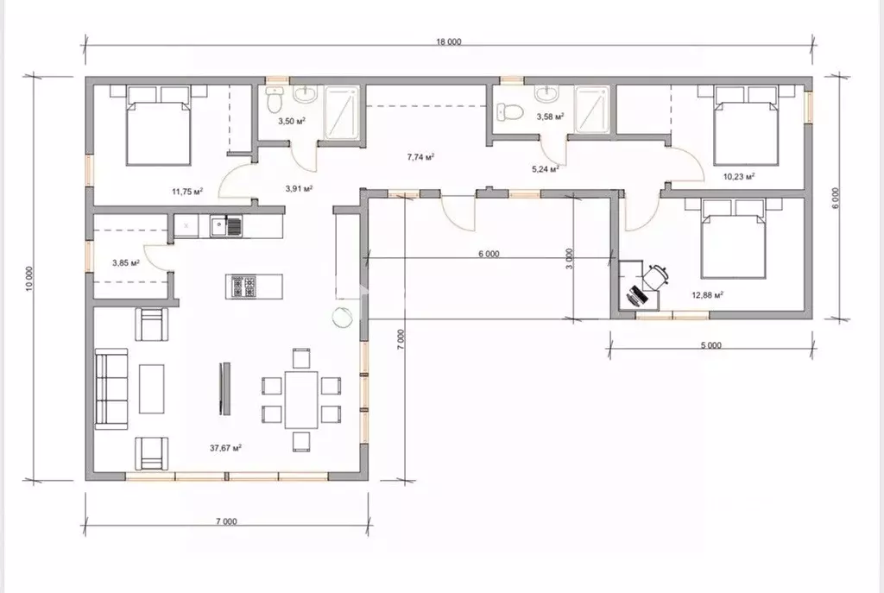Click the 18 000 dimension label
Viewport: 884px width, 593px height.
(x=449, y=41)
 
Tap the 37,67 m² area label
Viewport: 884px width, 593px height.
(x=225, y=448)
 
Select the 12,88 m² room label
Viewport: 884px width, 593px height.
(x=708, y=294)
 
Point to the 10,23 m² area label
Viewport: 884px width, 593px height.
(x=739, y=176)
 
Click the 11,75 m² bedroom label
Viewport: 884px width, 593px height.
(x=187, y=192)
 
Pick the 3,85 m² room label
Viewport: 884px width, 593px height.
(x=126, y=262)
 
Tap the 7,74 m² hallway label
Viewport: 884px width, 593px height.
(x=420, y=157)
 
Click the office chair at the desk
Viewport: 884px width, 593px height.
(x=656, y=276)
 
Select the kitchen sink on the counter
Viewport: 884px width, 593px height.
(x=226, y=227)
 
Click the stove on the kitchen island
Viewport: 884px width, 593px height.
(x=243, y=287)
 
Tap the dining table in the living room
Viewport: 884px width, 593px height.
(x=301, y=399)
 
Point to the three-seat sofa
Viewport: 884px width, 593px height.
(x=111, y=389)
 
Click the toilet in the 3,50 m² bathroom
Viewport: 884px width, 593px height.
(x=275, y=100)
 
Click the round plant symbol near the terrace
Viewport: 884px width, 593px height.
(x=342, y=318)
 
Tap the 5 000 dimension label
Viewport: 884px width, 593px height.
(x=711, y=345)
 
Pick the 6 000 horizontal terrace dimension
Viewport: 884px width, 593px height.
(x=489, y=255)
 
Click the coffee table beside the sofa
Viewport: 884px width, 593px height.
(x=152, y=389)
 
